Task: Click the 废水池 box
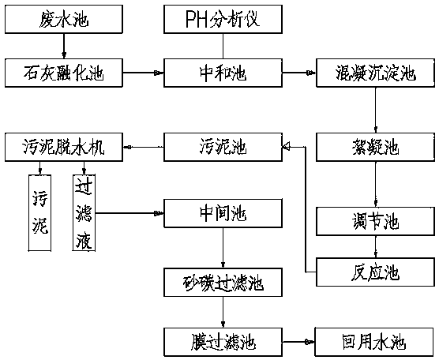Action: [x=64, y=19]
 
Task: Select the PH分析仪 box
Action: [x=223, y=19]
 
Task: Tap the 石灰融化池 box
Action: [x=64, y=73]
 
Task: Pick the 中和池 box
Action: [x=223, y=73]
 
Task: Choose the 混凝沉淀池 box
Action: [x=376, y=73]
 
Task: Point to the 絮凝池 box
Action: [x=376, y=147]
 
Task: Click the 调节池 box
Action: [x=376, y=221]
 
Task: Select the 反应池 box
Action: [x=376, y=272]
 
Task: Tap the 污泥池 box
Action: [x=223, y=147]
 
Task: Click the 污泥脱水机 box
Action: [x=64, y=147]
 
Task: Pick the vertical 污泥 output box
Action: [x=39, y=212]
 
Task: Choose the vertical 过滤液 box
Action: [x=84, y=212]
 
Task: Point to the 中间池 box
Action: [x=223, y=213]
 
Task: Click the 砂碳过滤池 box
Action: [x=223, y=282]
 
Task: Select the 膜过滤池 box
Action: [x=223, y=342]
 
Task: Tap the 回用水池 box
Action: [x=375, y=342]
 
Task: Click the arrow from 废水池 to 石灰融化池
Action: [x=64, y=47]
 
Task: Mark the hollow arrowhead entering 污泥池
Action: [x=286, y=146]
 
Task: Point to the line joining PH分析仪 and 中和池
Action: [x=223, y=47]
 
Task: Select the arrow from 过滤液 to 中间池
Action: [x=129, y=213]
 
